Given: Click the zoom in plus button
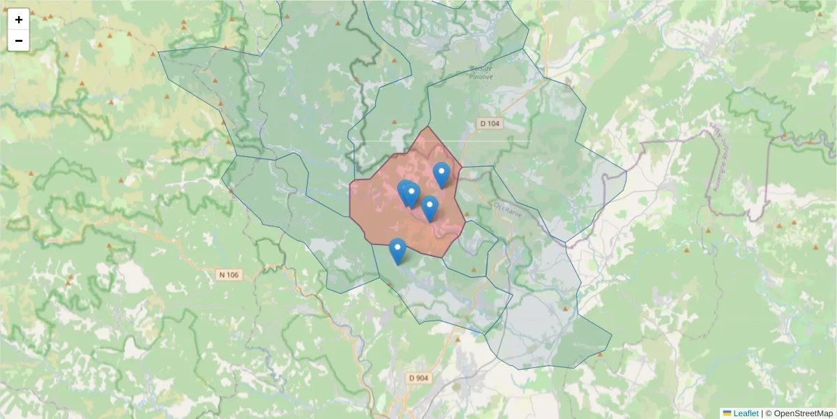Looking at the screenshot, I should pyautogui.click(x=19, y=20).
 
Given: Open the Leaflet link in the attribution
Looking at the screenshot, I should pyautogui.click(x=745, y=413).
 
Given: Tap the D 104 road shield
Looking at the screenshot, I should pyautogui.click(x=490, y=124).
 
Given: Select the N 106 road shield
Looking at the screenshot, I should pyautogui.click(x=229, y=274).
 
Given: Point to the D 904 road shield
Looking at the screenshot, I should pyautogui.click(x=418, y=378).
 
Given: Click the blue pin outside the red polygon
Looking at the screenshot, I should pyautogui.click(x=397, y=251).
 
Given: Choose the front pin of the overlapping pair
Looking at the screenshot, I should pyautogui.click(x=411, y=195).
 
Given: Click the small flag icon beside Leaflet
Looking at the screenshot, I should pyautogui.click(x=727, y=413).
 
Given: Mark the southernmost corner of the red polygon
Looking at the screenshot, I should pyautogui.click(x=442, y=257).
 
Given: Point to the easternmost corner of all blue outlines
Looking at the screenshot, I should pyautogui.click(x=626, y=173).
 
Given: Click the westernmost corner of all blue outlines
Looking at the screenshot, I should pyautogui.click(x=159, y=52).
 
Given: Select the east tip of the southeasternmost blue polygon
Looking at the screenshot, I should pyautogui.click(x=612, y=335).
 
